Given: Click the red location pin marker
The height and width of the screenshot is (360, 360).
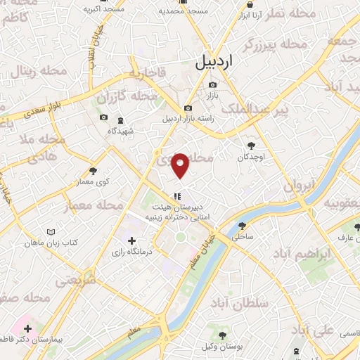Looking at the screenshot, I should tap(181, 165).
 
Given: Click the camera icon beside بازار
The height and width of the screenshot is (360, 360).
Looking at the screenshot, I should tap(212, 85).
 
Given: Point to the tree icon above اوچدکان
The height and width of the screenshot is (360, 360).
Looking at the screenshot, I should tap(251, 146).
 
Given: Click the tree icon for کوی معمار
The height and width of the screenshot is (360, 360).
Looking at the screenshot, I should tap(94, 170).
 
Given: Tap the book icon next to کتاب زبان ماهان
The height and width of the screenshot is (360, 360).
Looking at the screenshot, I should tap(50, 231).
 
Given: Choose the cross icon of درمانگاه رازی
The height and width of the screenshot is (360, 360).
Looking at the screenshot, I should tap(131, 241).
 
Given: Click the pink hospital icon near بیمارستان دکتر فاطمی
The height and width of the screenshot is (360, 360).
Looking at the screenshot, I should tap(27, 328).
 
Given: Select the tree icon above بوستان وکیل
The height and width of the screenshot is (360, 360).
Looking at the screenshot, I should tap(223, 335).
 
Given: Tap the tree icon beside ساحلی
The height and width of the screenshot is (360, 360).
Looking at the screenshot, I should tap(243, 226).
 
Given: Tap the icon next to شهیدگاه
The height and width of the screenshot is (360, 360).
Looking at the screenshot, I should tap(120, 120).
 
